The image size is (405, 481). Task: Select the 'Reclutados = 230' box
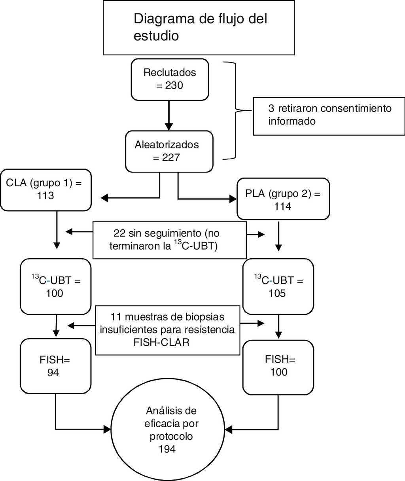169,79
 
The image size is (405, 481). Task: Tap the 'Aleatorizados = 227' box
169,151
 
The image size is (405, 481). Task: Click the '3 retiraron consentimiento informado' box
329,115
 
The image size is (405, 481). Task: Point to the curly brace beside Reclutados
236,111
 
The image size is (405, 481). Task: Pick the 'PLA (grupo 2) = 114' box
283,199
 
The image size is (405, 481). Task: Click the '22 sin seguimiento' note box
169,239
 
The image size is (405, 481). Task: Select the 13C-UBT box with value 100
56,286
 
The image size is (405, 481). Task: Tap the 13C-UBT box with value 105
278,286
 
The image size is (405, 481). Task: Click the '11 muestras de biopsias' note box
167,330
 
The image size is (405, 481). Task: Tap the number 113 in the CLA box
45,196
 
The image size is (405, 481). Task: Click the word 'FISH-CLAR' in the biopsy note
161,343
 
